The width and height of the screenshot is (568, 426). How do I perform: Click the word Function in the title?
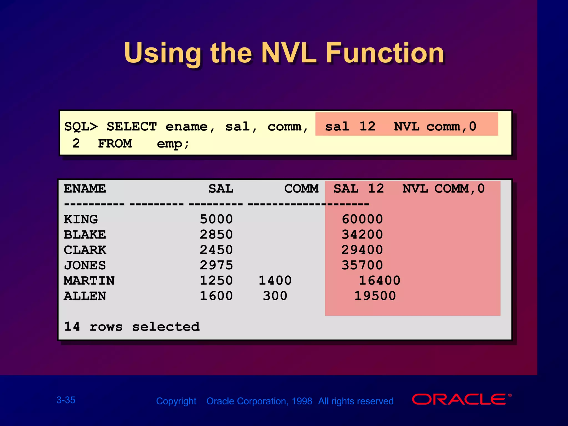point(385,53)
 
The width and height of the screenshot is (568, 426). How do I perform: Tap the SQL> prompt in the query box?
point(81,127)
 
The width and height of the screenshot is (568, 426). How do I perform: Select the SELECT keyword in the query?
point(131,127)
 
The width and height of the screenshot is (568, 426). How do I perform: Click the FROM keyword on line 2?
point(115,144)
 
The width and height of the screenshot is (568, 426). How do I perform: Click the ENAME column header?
point(85,189)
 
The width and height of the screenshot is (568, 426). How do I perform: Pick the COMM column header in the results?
point(301,189)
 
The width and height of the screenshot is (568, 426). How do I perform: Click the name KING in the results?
point(81,219)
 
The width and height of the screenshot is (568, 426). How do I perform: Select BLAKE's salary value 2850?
point(216,235)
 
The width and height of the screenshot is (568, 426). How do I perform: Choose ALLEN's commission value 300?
point(275,296)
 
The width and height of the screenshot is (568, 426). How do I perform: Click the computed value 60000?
point(362,219)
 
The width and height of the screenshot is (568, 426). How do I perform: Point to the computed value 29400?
point(362,250)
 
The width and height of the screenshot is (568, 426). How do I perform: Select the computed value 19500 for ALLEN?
point(375,296)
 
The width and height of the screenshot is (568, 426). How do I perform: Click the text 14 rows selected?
point(132,327)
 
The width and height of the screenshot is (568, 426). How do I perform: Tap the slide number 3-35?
point(66,400)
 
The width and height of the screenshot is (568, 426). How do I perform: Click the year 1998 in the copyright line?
point(302,401)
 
